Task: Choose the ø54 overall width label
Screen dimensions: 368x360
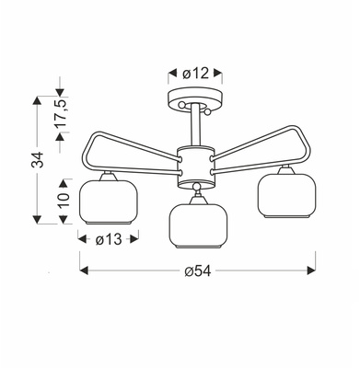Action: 199,270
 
